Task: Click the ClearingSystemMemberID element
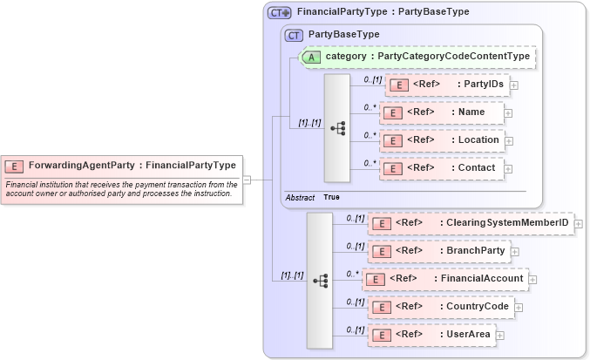[x=471, y=223]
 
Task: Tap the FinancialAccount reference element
[x=445, y=279]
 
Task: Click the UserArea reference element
[x=432, y=335]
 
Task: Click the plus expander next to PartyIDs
[x=514, y=85]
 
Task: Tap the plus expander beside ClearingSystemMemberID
[x=578, y=224]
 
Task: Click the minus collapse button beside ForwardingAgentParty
[x=247, y=180]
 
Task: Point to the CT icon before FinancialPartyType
[x=279, y=12]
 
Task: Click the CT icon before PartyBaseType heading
[x=295, y=35]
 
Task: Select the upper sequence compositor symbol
[x=337, y=127]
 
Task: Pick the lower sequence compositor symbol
[x=320, y=280]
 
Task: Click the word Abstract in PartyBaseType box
[x=300, y=198]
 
